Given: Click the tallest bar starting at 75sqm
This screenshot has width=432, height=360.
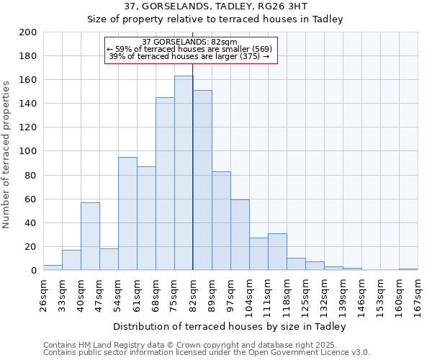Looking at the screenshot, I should [x=184, y=173].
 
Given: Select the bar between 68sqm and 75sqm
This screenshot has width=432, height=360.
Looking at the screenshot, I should [x=165, y=184].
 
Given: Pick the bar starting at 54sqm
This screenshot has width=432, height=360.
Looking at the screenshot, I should [x=127, y=213].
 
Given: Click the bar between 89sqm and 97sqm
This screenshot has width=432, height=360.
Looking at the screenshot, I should [x=221, y=220].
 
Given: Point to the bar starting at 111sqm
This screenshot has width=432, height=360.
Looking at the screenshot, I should [x=277, y=251].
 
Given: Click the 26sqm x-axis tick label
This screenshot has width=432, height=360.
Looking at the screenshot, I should [x=43, y=292].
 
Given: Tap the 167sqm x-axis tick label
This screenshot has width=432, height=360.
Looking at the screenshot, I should [x=418, y=292].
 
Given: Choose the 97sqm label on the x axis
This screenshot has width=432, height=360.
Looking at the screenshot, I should [x=230, y=292].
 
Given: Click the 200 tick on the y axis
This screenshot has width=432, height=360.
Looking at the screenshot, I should [x=28, y=32].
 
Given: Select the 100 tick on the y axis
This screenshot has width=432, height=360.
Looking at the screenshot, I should [x=28, y=151].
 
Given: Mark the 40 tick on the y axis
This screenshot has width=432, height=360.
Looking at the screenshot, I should [x=30, y=222].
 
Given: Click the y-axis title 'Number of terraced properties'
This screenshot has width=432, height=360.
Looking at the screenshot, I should [x=7, y=154].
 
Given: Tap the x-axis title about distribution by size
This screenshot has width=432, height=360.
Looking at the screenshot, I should [x=230, y=327].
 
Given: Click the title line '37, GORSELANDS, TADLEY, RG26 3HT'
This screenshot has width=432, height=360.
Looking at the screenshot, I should [x=215, y=6].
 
